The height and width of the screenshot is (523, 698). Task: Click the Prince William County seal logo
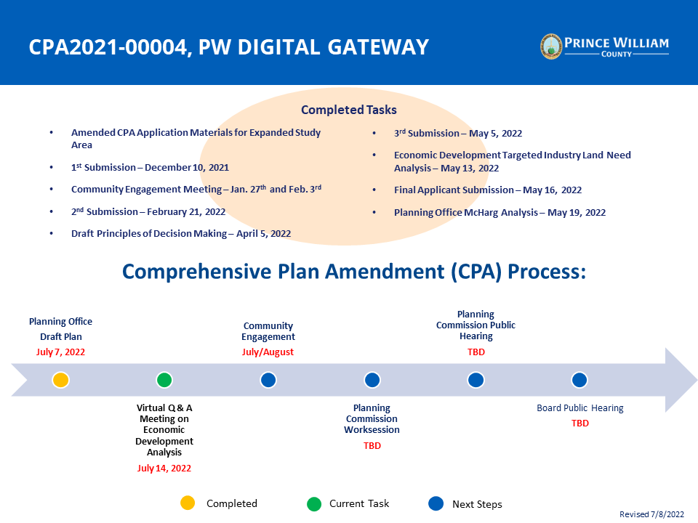(551, 46)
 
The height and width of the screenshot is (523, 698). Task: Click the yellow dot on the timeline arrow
(60, 380)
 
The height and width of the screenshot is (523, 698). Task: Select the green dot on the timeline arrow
(164, 380)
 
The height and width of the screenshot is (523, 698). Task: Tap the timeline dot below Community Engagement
(268, 380)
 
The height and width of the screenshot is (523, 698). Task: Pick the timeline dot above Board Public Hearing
(579, 380)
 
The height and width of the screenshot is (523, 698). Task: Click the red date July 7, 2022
(60, 352)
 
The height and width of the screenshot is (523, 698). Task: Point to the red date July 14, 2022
(164, 468)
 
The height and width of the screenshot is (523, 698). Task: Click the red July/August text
(268, 352)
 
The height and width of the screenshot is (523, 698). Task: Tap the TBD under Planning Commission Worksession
(372, 445)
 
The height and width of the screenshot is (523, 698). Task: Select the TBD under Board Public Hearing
(580, 423)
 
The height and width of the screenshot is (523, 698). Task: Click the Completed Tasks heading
(348, 110)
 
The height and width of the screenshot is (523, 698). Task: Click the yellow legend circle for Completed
(188, 503)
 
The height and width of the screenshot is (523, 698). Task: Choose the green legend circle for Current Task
(314, 504)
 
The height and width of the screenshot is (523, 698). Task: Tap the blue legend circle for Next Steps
(436, 503)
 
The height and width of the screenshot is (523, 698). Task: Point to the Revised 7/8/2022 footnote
(651, 514)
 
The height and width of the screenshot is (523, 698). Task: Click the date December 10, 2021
(187, 167)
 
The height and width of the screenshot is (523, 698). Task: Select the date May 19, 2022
(577, 213)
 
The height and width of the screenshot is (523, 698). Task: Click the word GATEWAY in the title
(378, 47)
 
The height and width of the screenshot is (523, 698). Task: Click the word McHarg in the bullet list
(481, 213)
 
